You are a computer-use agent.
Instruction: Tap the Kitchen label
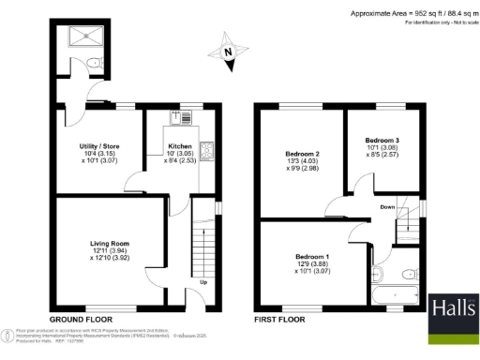[180, 147]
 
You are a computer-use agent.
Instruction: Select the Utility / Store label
[97, 147]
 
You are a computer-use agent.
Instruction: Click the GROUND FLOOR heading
[74, 320]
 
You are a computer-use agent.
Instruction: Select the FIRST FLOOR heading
[277, 320]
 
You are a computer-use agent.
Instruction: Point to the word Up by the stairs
[203, 281]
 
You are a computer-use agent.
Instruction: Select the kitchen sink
[180, 118]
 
